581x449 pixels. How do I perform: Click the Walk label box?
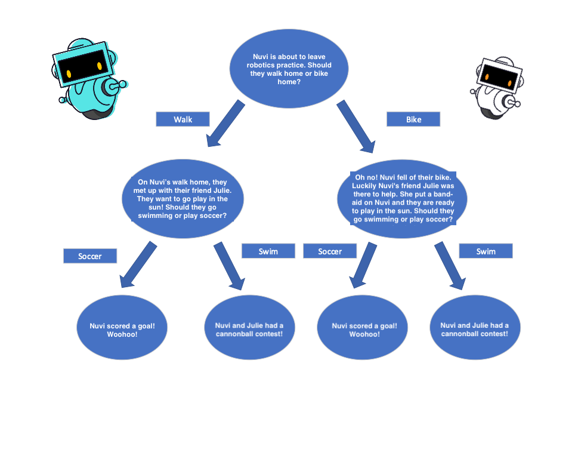[183, 119]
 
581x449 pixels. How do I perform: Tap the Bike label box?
[413, 119]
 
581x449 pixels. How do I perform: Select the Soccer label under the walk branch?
[90, 256]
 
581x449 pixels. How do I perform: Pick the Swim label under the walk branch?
[268, 251]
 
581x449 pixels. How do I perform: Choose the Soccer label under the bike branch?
[330, 251]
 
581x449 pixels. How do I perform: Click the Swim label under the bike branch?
[486, 251]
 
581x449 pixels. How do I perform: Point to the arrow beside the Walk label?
[225, 124]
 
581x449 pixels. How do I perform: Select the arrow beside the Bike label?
[356, 126]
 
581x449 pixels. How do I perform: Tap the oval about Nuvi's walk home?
[183, 199]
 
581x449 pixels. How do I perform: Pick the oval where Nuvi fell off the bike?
[403, 199]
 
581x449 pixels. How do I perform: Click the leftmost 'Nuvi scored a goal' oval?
[122, 327]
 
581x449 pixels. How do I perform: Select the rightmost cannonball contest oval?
[475, 327]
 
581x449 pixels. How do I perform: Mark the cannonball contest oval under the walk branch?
[249, 327]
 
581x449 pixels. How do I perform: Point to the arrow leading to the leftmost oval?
[138, 265]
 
